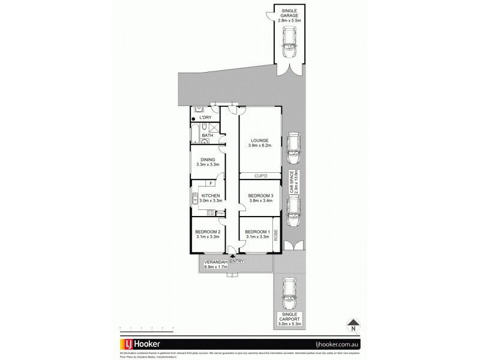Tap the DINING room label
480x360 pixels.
tap(208, 160)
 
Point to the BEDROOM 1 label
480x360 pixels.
tap(259, 232)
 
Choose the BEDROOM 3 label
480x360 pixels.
tap(260, 196)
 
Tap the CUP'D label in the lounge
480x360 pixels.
tap(260, 176)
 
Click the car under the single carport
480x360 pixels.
tap(289, 290)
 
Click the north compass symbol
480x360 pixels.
tap(353, 325)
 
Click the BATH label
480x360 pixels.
tap(207, 136)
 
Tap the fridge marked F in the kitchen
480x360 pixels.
tap(211, 183)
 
